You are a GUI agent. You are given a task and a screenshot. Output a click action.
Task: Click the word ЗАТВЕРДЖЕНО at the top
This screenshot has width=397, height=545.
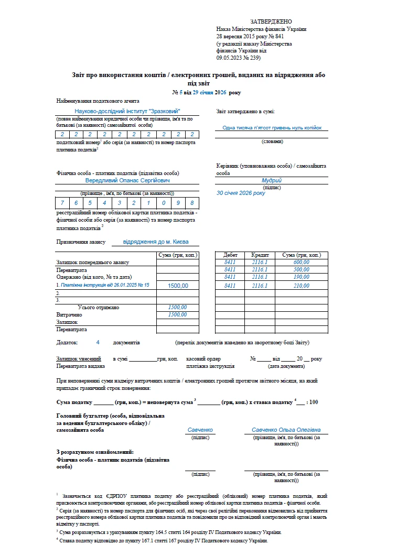tap(271, 21)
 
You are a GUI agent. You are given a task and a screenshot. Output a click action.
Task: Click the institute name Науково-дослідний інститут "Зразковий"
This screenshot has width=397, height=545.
tap(127, 111)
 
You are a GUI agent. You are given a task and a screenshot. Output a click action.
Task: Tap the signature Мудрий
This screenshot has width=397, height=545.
tap(271, 180)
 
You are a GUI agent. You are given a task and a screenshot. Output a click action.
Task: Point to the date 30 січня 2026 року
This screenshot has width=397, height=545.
tap(241, 193)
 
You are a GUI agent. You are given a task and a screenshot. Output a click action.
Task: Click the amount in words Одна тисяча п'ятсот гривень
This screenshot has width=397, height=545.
tap(272, 127)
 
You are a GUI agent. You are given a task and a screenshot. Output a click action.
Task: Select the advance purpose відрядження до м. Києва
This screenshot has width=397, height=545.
tap(153, 242)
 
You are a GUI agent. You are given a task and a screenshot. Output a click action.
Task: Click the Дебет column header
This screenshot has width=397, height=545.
tap(230, 255)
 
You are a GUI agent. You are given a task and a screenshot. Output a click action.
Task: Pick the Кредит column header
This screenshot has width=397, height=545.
tap(260, 255)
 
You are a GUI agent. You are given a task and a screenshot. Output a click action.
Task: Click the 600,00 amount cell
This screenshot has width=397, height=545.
tap(302, 262)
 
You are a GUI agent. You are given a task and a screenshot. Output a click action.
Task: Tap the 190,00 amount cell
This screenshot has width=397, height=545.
tap(302, 277)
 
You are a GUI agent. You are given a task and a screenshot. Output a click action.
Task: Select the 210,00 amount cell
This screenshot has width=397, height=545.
tap(302, 286)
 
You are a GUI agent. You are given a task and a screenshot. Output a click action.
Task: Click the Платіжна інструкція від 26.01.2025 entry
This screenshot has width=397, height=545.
tap(105, 285)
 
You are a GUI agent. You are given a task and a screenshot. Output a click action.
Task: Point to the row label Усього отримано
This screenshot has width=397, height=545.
tap(98, 307)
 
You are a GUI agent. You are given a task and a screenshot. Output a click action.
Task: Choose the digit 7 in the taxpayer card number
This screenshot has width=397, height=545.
tap(62, 203)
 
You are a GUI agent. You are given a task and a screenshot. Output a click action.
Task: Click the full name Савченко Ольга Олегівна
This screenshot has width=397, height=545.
tap(286, 430)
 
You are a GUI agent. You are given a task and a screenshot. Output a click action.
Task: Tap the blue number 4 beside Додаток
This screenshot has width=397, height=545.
tap(98, 342)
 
